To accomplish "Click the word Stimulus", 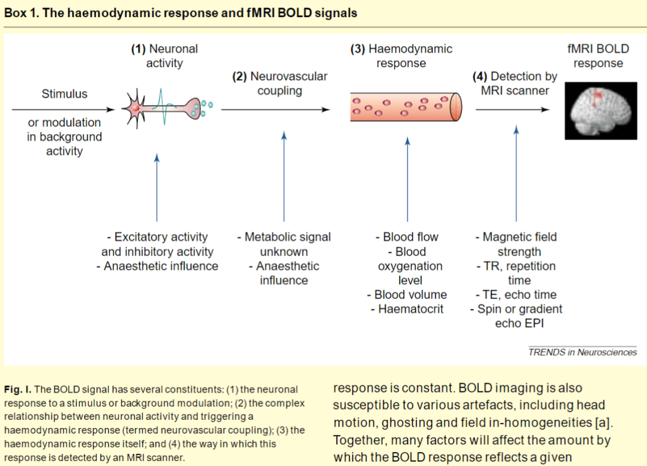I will (x=64, y=94).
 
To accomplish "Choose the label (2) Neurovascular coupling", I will (x=280, y=83).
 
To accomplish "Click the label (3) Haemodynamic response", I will (x=401, y=56).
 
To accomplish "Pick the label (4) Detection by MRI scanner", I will (x=515, y=83).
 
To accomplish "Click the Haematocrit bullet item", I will (x=406, y=309).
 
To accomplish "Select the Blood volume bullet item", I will (x=406, y=295).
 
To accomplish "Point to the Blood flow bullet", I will (x=406, y=237).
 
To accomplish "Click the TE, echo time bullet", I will (x=516, y=295).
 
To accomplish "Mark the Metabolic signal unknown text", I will (x=284, y=244).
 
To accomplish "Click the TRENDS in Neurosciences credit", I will (x=583, y=352).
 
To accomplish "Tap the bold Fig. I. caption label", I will (x=18, y=389).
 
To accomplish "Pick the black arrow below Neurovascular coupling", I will (x=275, y=109).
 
